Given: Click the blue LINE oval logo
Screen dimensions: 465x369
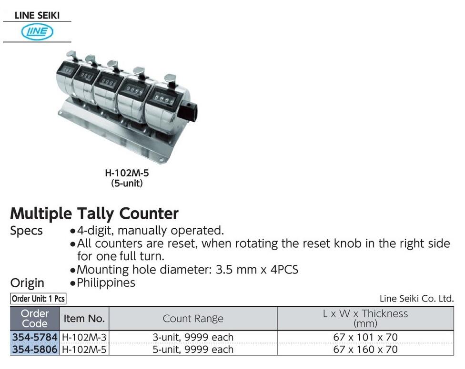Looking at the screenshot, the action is [37, 32].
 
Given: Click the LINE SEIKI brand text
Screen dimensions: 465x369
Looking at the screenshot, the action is [37, 15].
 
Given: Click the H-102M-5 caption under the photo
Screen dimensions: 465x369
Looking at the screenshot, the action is [127, 173].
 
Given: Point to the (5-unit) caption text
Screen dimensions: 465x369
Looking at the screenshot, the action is [127, 183].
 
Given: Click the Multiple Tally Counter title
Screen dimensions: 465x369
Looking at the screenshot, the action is [94, 214].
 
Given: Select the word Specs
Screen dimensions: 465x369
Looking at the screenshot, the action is [26, 231].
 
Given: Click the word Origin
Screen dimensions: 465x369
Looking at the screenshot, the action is [27, 283].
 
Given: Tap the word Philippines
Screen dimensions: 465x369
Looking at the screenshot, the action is [106, 282].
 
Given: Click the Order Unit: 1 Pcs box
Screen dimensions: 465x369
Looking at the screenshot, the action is [38, 299].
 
